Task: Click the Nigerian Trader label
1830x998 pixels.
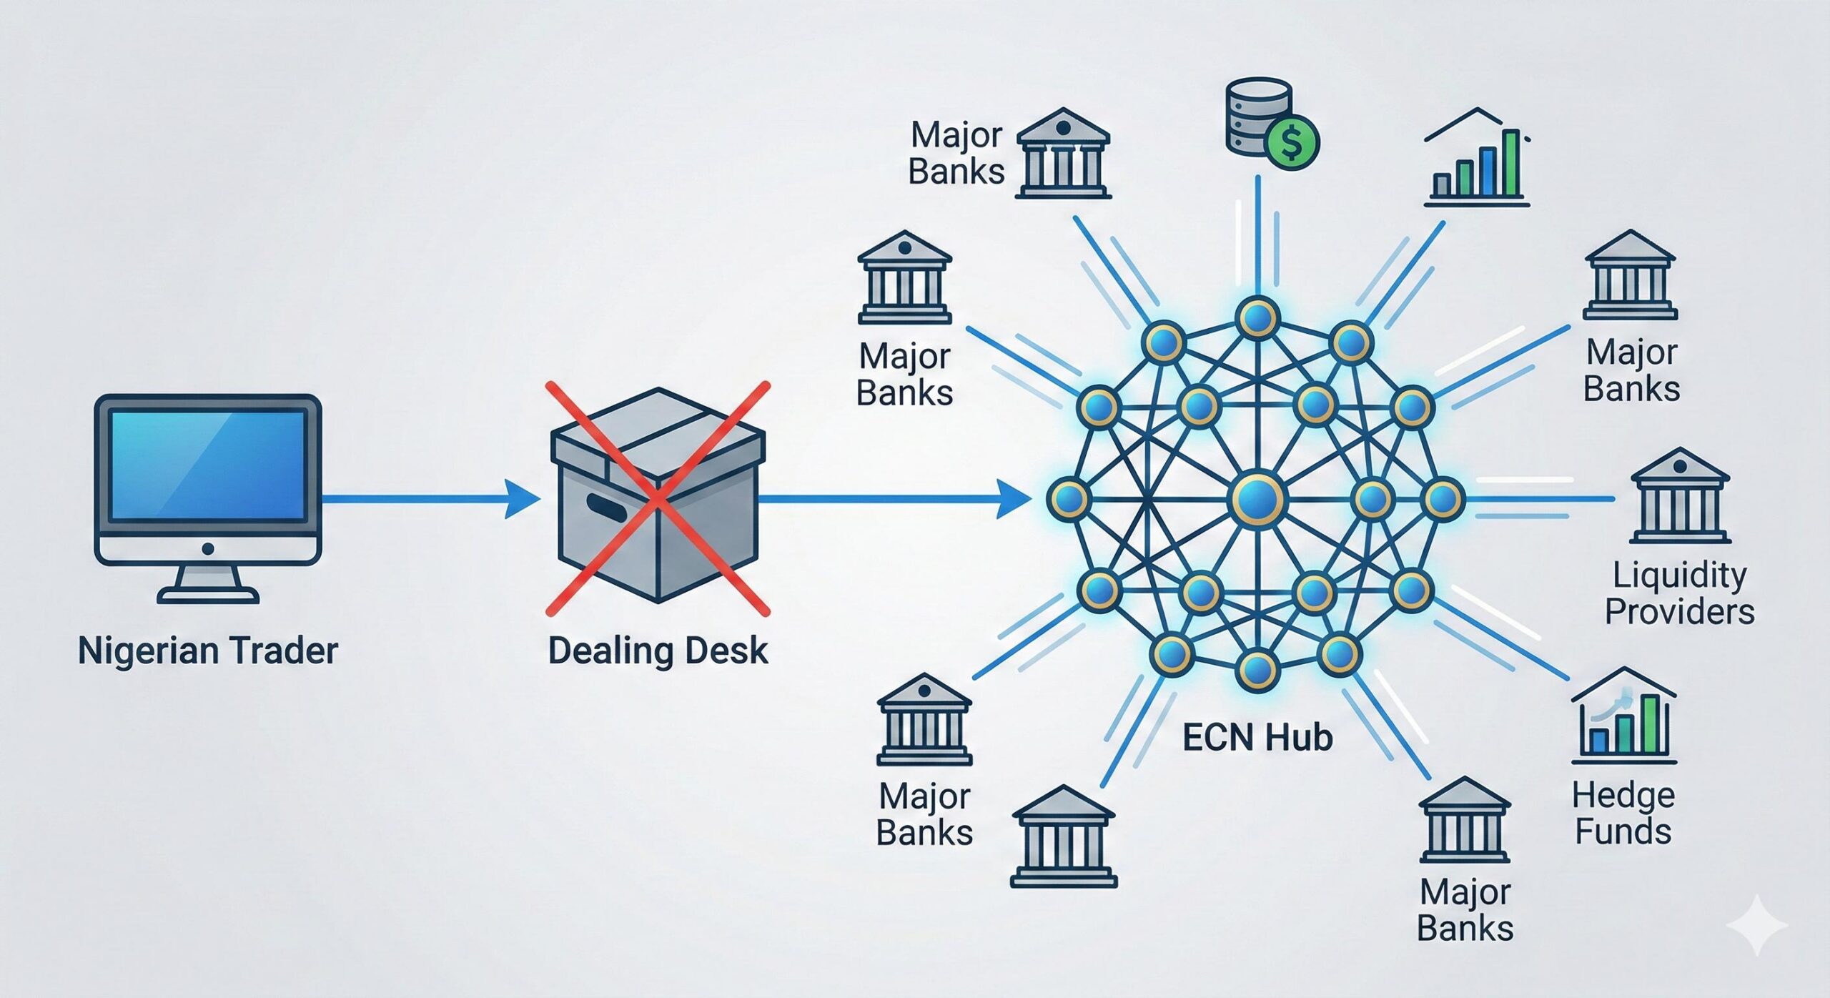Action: point(207,651)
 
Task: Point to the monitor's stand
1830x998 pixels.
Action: point(207,583)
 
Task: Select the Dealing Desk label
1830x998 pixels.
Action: point(658,651)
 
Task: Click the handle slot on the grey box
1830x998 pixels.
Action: point(606,508)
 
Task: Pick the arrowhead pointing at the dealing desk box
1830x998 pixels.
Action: point(522,498)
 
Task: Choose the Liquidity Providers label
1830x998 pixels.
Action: point(1679,593)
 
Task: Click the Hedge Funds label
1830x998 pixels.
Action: point(1623,814)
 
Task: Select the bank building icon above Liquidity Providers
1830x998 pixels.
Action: point(1680,496)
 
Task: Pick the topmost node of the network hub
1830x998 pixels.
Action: point(1257,317)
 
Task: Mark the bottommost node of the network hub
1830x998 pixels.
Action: point(1257,670)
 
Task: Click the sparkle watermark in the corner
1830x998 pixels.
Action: point(1758,925)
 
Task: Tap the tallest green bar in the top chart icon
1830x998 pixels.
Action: point(1510,163)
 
